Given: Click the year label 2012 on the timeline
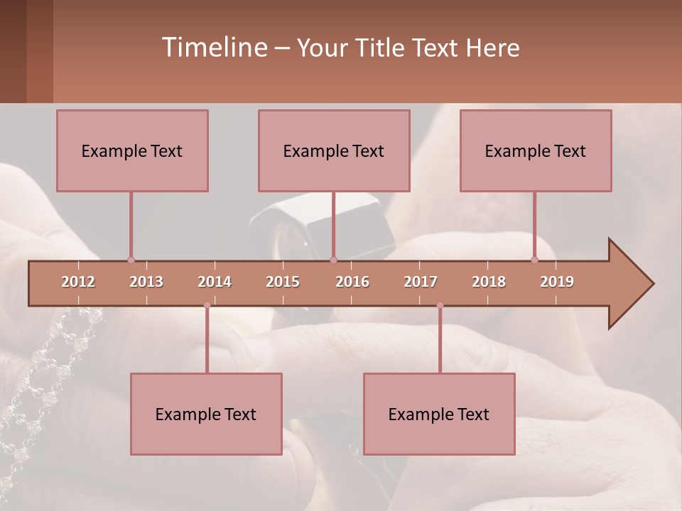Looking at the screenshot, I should click(x=78, y=282).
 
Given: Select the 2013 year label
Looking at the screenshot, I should click(x=146, y=282).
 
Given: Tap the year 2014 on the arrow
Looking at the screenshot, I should click(x=215, y=282).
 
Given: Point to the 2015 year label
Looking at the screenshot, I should click(x=283, y=282).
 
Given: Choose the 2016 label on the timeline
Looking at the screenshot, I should click(x=352, y=282).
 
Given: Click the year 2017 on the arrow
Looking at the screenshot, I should click(x=421, y=282).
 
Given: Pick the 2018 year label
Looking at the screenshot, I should click(x=489, y=282).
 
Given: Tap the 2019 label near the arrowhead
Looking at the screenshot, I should click(x=557, y=282).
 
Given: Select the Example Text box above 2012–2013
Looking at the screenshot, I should click(x=132, y=150).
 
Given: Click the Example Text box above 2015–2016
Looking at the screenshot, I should click(x=334, y=150).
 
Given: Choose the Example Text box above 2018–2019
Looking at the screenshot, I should click(x=536, y=150).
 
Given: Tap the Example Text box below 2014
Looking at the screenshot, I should click(x=206, y=414).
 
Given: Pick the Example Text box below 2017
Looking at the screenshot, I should click(x=439, y=414).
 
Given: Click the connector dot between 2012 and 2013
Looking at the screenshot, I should click(x=131, y=260).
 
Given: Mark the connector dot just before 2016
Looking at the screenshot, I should click(x=334, y=260).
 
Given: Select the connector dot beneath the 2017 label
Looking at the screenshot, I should click(x=440, y=305).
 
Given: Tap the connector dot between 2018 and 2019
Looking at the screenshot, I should click(x=535, y=260).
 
